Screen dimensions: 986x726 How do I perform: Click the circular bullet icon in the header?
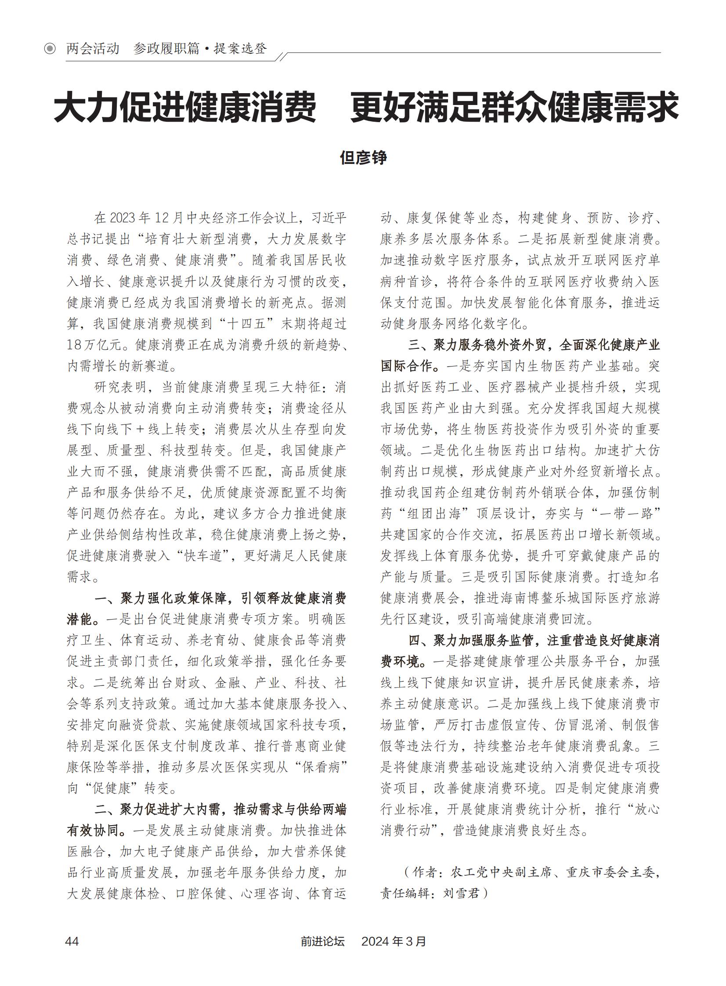point(50,49)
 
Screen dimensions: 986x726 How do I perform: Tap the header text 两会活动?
point(93,49)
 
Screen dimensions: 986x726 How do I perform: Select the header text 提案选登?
point(240,49)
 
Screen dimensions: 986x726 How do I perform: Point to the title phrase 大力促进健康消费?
point(185,108)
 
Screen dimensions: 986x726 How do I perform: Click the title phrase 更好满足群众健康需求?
point(514,108)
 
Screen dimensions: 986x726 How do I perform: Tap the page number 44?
point(72,941)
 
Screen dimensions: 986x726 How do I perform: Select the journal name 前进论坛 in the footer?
point(322,941)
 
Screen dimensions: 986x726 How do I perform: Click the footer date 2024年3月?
point(394,941)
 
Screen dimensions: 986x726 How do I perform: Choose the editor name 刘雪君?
point(461,894)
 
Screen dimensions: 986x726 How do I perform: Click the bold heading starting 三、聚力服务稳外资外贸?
point(534,345)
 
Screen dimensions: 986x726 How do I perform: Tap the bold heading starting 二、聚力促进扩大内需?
point(220,809)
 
